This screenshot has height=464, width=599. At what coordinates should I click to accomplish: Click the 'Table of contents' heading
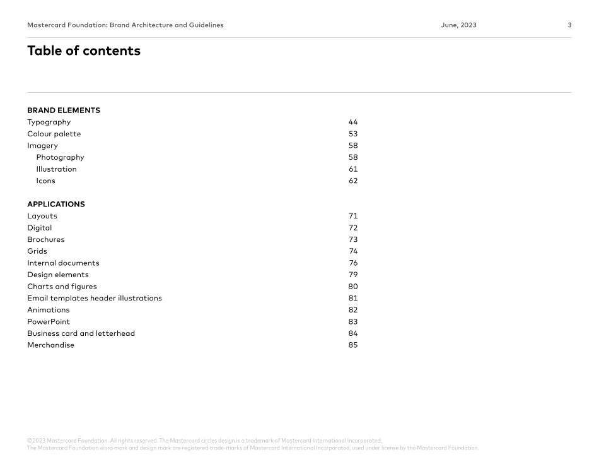pos(84,51)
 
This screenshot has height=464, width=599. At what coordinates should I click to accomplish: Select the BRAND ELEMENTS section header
pos(64,110)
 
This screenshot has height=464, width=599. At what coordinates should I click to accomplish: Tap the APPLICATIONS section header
pos(56,205)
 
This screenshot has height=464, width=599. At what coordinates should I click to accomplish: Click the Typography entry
pos(49,122)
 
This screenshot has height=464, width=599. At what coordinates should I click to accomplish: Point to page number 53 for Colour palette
pos(353,134)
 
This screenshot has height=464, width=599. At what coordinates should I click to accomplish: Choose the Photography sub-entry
pos(60,157)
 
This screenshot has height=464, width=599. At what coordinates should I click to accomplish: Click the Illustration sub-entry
pos(57,169)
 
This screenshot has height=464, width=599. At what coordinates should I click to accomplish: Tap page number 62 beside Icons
pos(353,181)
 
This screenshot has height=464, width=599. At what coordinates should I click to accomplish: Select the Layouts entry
pos(42,216)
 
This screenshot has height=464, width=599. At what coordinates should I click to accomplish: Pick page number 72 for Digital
pos(353,228)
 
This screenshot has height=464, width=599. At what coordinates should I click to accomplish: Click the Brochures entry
pos(46,240)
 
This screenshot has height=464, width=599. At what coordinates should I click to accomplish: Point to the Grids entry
pos(37,251)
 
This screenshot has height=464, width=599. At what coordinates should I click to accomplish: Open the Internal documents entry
pos(63,263)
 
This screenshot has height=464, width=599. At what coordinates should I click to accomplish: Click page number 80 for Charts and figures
pos(353,287)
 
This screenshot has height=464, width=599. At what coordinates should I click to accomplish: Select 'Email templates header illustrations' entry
pos(95,298)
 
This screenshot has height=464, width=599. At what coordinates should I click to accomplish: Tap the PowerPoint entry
pos(49,322)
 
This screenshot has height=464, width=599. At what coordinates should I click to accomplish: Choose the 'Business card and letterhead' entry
pos(81,333)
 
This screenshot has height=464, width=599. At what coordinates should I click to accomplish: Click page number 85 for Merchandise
pos(353,345)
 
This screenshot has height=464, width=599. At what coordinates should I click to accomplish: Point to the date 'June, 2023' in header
pos(459,25)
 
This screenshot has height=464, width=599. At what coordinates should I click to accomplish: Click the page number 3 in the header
pos(569,25)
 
